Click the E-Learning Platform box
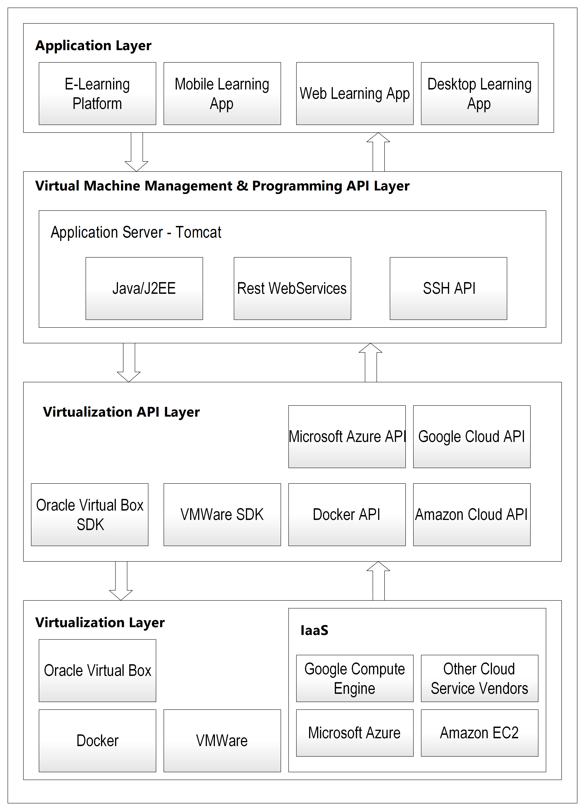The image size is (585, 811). pos(97,94)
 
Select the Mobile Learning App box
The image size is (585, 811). pos(222,94)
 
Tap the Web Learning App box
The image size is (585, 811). pos(355,94)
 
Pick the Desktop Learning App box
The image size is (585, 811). pos(480,94)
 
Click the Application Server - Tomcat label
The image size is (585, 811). pos(136,232)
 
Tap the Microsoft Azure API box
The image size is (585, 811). pos(347,437)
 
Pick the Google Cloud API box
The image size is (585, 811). pos(472,437)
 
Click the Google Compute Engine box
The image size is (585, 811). pos(355,678)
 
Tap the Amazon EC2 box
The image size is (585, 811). pos(480,733)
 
